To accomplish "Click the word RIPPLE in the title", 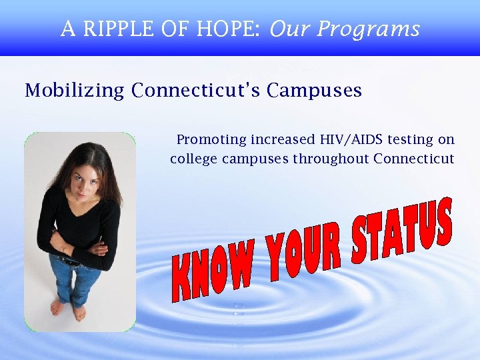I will (115, 29).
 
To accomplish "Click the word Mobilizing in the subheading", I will (74, 91).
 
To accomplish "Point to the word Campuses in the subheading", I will (314, 91).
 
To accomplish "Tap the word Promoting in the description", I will (211, 140).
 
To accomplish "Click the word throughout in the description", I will (331, 159).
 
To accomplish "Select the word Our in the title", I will (291, 29).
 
